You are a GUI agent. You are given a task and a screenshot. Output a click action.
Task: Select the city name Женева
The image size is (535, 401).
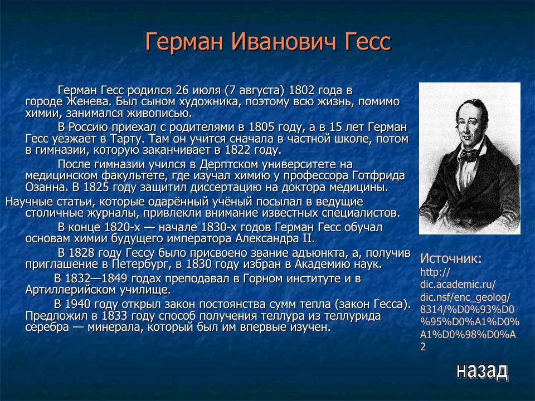pos(87,102)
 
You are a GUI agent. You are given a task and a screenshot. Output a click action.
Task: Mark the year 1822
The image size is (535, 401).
pos(239,150)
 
